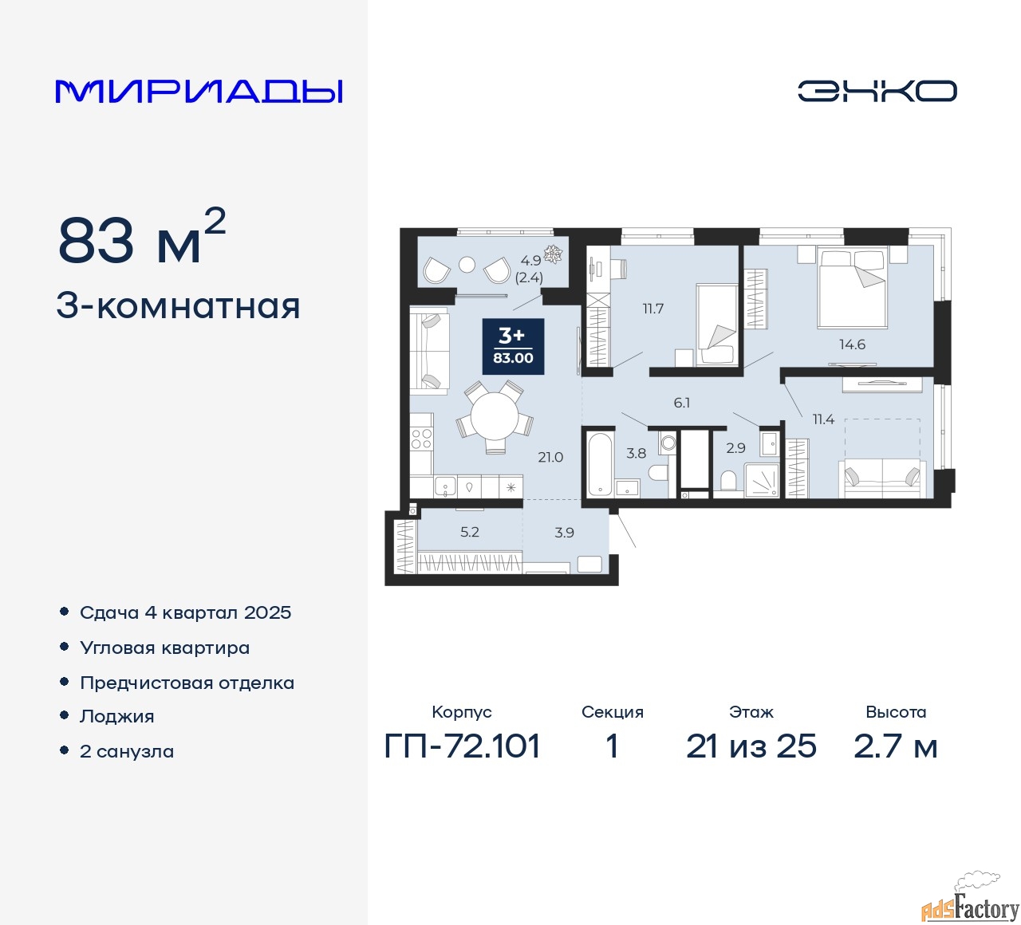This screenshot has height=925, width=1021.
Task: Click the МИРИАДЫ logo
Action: pyautogui.click(x=199, y=91)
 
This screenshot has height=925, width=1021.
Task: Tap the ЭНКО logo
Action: pyautogui.click(x=877, y=91)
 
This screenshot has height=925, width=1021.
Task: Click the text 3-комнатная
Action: pyautogui.click(x=178, y=306)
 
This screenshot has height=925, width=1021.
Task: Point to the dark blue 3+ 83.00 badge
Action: pyautogui.click(x=513, y=347)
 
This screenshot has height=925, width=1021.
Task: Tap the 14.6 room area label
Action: pyautogui.click(x=852, y=344)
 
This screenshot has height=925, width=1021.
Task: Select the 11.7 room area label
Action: pyautogui.click(x=653, y=309)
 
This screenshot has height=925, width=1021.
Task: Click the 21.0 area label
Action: pyautogui.click(x=550, y=457)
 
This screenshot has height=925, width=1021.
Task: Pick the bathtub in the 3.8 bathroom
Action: pyautogui.click(x=599, y=465)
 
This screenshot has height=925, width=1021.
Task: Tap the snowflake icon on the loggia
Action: pyautogui.click(x=553, y=254)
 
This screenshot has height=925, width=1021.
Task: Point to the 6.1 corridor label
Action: pyautogui.click(x=681, y=403)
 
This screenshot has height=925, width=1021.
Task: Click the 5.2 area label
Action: pyautogui.click(x=470, y=532)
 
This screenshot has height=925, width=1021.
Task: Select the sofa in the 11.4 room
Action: pyautogui.click(x=882, y=478)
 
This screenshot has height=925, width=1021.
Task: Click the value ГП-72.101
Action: pyautogui.click(x=463, y=746)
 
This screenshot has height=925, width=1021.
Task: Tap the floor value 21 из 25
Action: pyautogui.click(x=751, y=746)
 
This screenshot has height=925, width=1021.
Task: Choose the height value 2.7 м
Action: pyautogui.click(x=895, y=746)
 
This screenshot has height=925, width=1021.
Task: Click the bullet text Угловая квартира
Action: pyautogui.click(x=164, y=647)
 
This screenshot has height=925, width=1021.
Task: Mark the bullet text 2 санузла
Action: pyautogui.click(x=127, y=751)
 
